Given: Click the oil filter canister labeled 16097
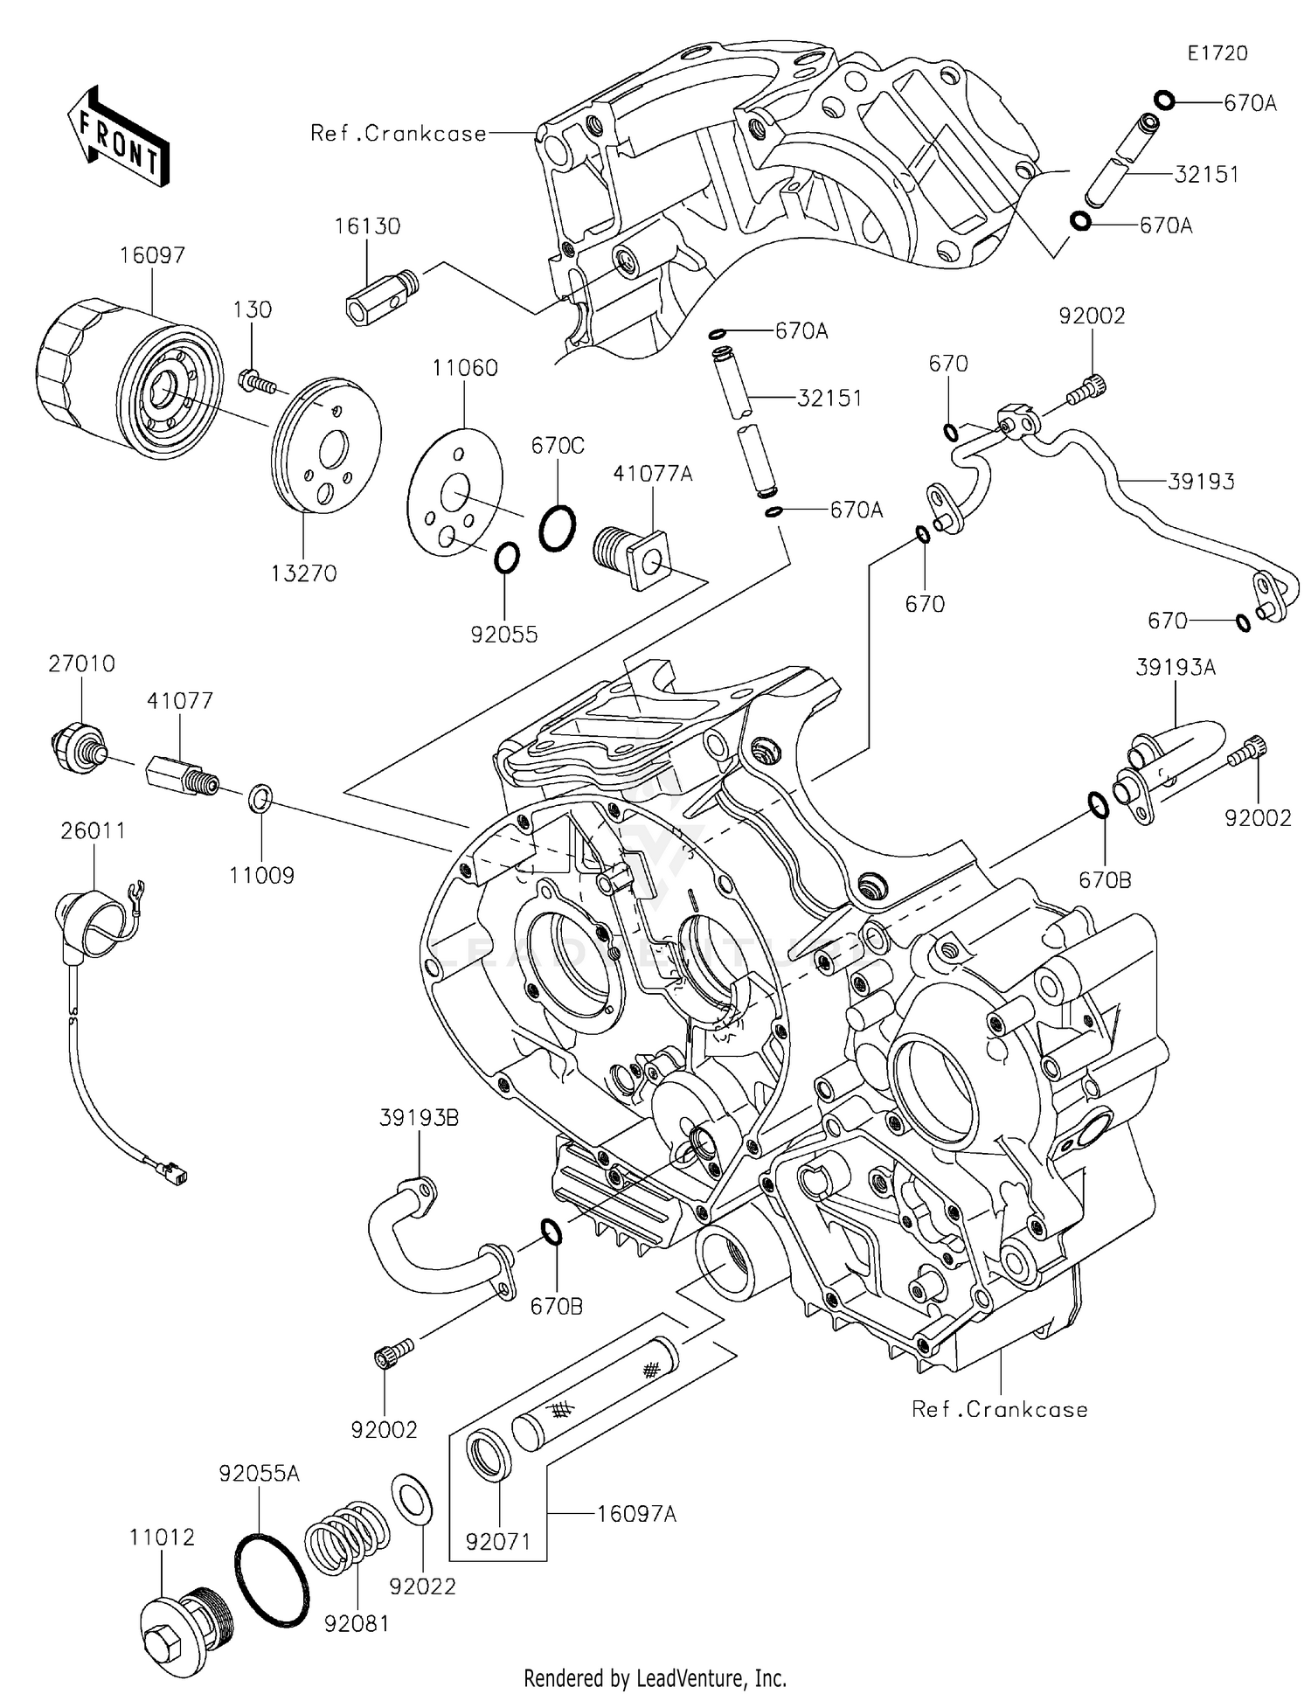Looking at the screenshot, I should [127, 376].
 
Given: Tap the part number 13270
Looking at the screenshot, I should [303, 573].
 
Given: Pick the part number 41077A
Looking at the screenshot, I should [652, 473].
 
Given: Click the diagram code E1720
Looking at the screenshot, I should [1217, 53].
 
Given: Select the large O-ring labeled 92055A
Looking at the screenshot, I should [272, 1579].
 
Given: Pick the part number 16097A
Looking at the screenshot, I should [636, 1513].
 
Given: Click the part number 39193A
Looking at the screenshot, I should [1176, 667].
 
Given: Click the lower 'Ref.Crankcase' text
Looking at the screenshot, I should [999, 1409].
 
